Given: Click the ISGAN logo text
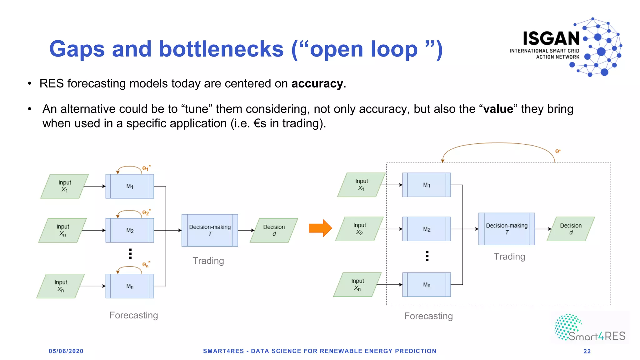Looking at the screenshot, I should click(551, 39).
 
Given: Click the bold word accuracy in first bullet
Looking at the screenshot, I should click(317, 84).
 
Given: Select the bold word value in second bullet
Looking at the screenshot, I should click(498, 109).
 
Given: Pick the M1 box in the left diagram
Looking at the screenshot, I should click(130, 186).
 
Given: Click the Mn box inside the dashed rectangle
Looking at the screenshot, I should click(427, 285).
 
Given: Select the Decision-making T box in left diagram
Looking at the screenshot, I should click(210, 230).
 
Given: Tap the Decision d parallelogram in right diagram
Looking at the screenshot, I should click(571, 229).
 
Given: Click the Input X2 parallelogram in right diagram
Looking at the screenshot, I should click(359, 229).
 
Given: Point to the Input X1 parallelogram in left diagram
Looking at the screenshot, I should click(65, 186).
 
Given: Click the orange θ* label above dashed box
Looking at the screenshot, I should click(558, 151).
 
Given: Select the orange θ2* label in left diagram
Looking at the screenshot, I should click(146, 212).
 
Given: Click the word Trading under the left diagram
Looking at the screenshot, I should click(208, 261).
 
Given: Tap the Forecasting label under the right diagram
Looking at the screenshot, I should click(428, 316).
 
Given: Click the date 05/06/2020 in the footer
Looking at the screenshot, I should click(66, 351).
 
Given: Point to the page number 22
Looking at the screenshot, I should click(587, 351).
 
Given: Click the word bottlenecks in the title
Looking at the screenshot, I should click(221, 49).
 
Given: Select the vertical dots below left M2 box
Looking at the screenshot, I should click(130, 254).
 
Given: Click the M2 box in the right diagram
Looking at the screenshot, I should click(427, 229).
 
